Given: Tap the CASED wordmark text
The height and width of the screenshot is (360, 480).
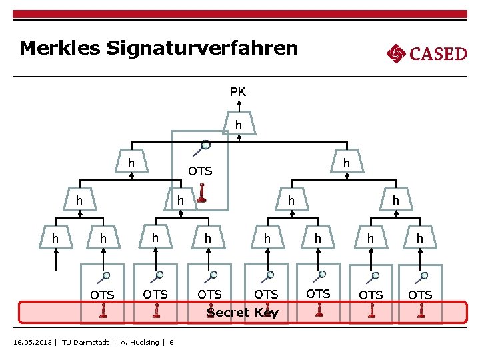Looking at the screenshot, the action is coord(438,53).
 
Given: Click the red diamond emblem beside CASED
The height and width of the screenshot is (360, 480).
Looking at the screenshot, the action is coord(396,53).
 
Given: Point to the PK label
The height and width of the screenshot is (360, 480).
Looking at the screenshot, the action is coord(238,92).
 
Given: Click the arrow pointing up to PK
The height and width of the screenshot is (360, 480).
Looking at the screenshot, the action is coord(238,107).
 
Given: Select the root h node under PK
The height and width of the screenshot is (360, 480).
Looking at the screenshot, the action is coord(238,125).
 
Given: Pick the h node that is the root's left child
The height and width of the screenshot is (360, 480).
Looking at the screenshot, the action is coord(131,163).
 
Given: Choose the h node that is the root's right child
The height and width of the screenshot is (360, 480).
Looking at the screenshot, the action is coord(347,163).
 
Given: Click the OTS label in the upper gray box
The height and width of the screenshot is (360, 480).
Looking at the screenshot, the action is coord(200,171).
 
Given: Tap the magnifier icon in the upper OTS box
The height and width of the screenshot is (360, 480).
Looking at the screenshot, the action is coord(205,145).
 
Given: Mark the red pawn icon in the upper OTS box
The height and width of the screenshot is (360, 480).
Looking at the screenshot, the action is coord(201,194).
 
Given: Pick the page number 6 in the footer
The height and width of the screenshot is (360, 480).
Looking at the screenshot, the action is coord(171,343).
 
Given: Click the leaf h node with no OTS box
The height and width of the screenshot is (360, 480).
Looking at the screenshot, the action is coord(55,238).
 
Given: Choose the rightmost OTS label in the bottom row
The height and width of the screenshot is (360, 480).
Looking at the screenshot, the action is coord(420,295).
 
